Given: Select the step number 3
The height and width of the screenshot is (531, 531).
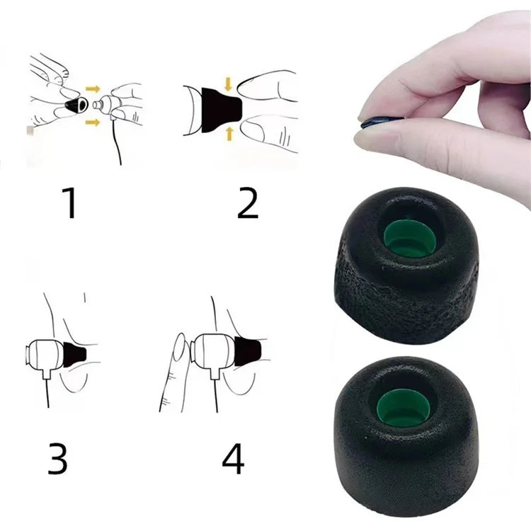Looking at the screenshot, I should [58, 458].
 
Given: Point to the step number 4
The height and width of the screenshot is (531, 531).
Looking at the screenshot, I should [234, 458].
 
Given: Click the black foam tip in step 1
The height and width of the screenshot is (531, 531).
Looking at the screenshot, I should [74, 106].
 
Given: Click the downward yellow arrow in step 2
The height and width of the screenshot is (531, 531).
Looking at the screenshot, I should [227, 84].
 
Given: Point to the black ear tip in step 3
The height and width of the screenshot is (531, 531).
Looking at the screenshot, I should [74, 353].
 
